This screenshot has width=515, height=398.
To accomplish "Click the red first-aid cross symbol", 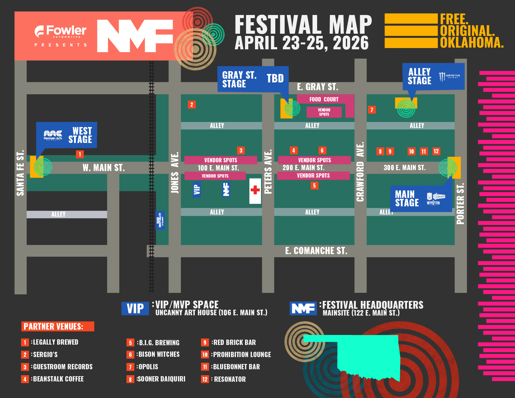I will pos(255,190).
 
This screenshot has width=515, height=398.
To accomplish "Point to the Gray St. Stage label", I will pos(239,79).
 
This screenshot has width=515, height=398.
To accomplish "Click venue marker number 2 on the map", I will pos(192,105).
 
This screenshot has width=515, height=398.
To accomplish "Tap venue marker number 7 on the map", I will pos(371,110).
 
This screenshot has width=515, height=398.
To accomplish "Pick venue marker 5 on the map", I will pos(314,186).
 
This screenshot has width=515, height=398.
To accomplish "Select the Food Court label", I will pos(324,99).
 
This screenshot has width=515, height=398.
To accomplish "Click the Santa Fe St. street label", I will pos(20,173).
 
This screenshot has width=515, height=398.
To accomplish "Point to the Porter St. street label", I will pos(460,204).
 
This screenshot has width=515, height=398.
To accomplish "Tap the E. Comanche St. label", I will pos(316,251).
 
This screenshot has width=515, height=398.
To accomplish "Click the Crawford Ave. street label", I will pos(360,172).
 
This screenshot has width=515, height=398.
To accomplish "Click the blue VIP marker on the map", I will pos(197,189).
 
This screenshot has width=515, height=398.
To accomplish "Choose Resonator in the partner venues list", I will pos(230,379).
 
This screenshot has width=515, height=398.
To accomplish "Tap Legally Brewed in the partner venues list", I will pos(55,342).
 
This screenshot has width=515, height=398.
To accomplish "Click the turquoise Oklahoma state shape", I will pos(368,356).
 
